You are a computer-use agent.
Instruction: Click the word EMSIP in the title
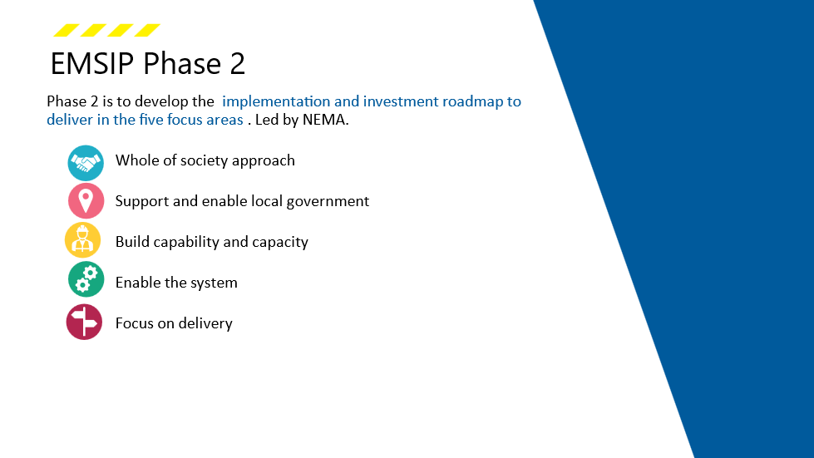[x=92, y=63]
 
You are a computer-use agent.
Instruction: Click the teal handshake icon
[x=86, y=163]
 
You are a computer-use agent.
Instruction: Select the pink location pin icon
[x=86, y=200]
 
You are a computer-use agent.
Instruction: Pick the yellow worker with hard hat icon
[x=82, y=240]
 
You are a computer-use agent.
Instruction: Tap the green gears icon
[x=86, y=279]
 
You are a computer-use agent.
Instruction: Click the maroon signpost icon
[x=84, y=323]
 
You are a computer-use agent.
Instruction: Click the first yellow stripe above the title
[x=67, y=30]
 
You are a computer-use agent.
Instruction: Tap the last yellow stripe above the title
[x=147, y=30]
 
